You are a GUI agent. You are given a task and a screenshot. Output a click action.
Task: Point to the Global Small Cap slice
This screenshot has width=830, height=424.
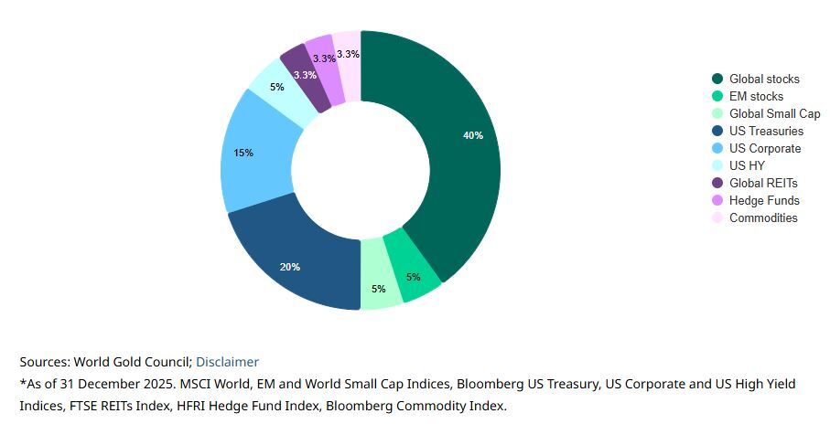coord(379,278)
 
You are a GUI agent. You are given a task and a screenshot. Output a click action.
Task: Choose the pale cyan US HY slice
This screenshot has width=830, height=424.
coord(275,90)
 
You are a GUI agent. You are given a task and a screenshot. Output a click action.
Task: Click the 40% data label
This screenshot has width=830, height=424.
coord(473,135)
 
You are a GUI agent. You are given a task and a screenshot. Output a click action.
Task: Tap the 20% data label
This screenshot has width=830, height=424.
coord(290,267)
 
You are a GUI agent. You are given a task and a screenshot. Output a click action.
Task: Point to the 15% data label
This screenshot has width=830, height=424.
coord(243,153)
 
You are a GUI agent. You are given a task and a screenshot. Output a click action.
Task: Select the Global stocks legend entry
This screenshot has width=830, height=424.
coord(764,79)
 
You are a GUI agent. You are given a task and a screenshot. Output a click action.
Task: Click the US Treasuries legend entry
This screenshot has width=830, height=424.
coord(766,131)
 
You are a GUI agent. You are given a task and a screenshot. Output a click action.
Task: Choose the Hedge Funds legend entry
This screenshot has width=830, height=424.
coord(764,200)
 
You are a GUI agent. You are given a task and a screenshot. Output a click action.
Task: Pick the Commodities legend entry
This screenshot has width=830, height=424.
coord(763,217)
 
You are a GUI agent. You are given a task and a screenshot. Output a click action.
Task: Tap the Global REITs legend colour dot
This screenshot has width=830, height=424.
coord(718,183)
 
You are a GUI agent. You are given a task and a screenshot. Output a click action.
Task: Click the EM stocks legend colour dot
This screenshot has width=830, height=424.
coord(718,96)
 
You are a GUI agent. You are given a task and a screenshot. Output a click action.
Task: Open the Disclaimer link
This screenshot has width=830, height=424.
coord(227,362)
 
